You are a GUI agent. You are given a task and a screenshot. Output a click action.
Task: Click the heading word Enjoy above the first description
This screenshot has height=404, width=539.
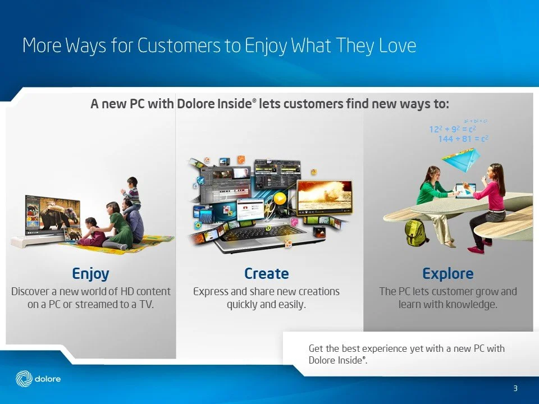[x=90, y=274]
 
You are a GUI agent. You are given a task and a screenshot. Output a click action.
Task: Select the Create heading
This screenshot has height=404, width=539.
[x=266, y=274]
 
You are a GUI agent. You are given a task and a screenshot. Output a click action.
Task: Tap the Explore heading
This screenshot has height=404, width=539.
[x=447, y=274]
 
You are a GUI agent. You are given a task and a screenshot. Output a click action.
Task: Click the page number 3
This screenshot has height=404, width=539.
[x=515, y=389]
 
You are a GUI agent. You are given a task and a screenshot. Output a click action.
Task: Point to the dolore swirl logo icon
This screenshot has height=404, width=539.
[x=24, y=379]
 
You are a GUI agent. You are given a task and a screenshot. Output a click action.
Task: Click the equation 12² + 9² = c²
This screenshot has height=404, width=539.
[x=453, y=130]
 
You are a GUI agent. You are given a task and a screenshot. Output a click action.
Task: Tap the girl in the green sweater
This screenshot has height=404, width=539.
[x=432, y=196]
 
